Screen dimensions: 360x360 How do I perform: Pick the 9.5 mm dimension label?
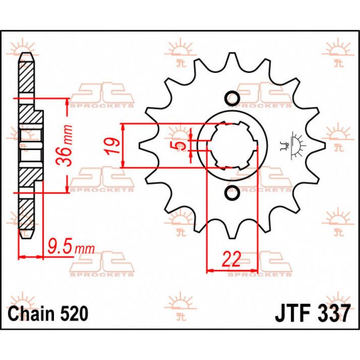(x=70, y=248)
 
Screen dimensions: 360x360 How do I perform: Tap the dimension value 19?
(x=114, y=146)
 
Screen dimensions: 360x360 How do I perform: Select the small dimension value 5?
(x=180, y=146)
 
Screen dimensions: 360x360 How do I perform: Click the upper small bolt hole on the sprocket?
(x=232, y=98)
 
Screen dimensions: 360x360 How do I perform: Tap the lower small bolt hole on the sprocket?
(x=232, y=194)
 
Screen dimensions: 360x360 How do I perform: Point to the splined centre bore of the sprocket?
(x=235, y=146)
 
